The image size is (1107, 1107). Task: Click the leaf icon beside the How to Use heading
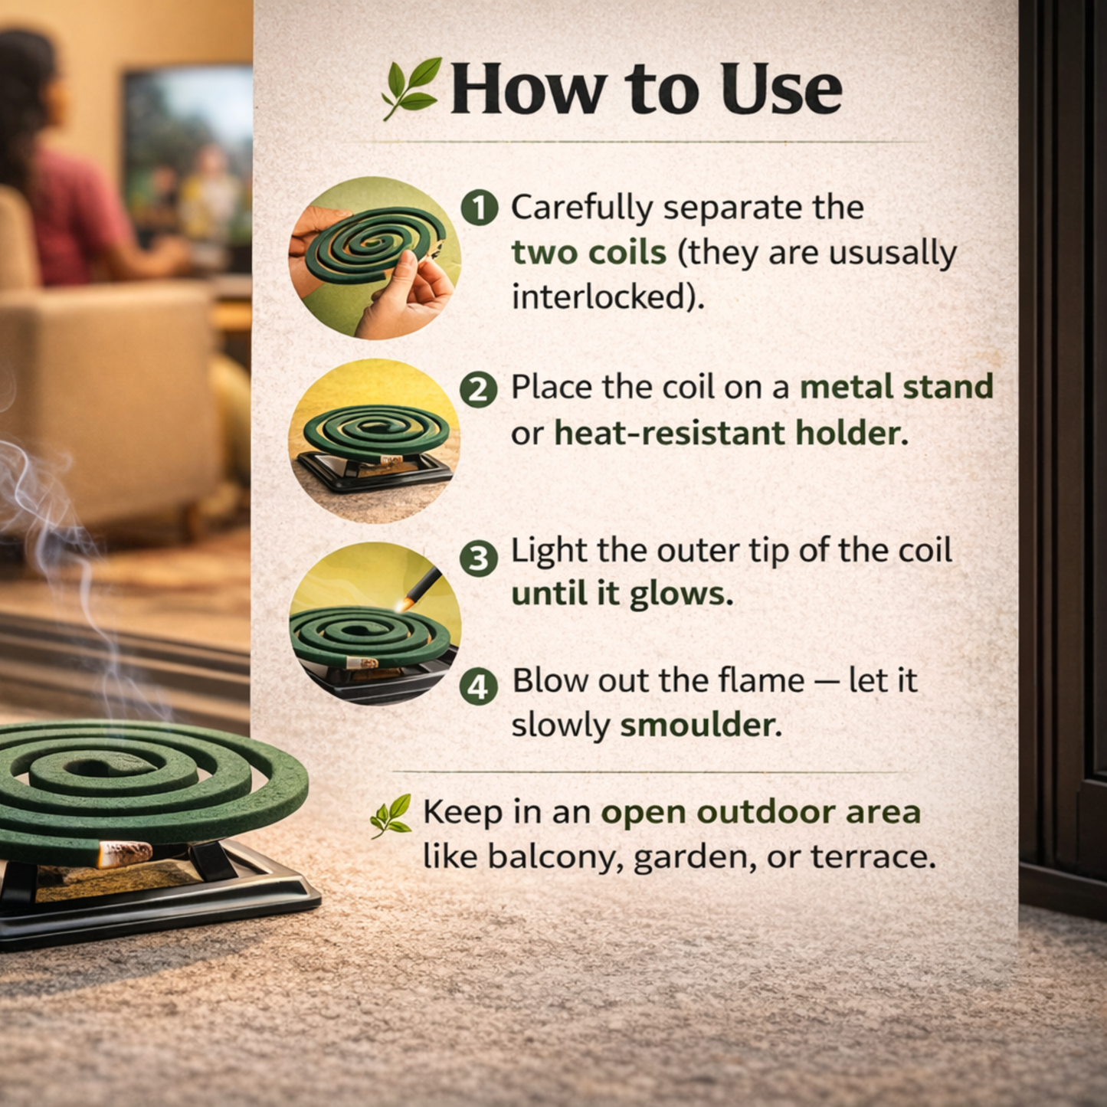pyautogui.click(x=411, y=88)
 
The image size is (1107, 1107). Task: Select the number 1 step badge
pyautogui.click(x=480, y=208)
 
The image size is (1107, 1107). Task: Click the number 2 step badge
pyautogui.click(x=479, y=389)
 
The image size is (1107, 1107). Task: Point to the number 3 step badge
pyautogui.click(x=479, y=558)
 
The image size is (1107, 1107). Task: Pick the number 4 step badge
pyautogui.click(x=479, y=687)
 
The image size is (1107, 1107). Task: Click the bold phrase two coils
pyautogui.click(x=588, y=253)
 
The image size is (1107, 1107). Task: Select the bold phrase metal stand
pyautogui.click(x=896, y=387)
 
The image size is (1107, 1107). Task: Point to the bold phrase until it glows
pyautogui.click(x=621, y=594)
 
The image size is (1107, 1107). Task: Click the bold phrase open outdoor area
pyautogui.click(x=760, y=812)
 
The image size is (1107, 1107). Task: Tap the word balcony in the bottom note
pyautogui.click(x=551, y=856)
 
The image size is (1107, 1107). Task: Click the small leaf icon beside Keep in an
pyautogui.click(x=391, y=815)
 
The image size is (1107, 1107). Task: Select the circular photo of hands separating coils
pyautogui.click(x=375, y=257)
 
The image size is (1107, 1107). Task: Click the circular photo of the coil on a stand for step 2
pyautogui.click(x=375, y=441)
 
